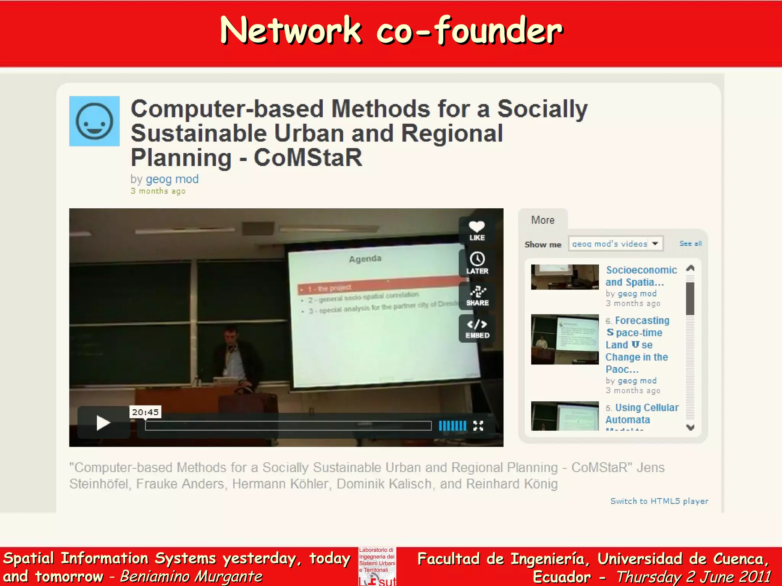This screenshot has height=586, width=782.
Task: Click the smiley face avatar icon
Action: pyautogui.click(x=94, y=121)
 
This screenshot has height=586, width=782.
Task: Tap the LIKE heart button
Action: pyautogui.click(x=477, y=230)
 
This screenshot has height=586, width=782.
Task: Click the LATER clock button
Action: pyautogui.click(x=477, y=262)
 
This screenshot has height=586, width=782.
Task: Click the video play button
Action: pyautogui.click(x=103, y=423)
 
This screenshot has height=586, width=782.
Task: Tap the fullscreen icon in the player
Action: pyautogui.click(x=478, y=426)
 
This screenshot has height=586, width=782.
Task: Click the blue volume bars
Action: pyautogui.click(x=452, y=426)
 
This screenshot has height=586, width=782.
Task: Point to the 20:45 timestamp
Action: pyautogui.click(x=145, y=412)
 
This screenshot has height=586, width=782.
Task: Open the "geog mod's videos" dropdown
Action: pyautogui.click(x=616, y=244)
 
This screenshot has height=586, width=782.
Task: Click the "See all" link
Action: pyautogui.click(x=690, y=243)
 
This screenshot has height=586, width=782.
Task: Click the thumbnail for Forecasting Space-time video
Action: pyautogui.click(x=565, y=339)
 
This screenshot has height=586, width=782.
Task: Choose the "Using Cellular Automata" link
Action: pyautogui.click(x=642, y=414)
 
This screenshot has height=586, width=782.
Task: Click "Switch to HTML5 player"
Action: pyautogui.click(x=659, y=501)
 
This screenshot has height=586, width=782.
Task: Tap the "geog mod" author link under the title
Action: pyautogui.click(x=172, y=179)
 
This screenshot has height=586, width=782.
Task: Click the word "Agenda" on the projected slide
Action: pyautogui.click(x=365, y=259)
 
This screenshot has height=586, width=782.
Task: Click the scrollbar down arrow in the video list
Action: pyautogui.click(x=690, y=427)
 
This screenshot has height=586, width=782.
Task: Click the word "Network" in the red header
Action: pyautogui.click(x=291, y=31)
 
